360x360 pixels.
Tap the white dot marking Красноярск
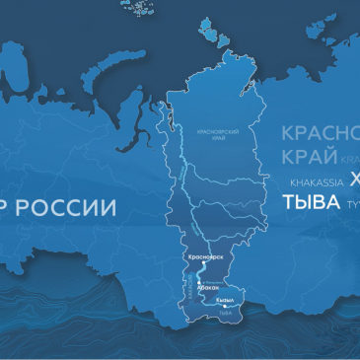[204, 263]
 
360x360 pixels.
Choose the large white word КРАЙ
[306, 158]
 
